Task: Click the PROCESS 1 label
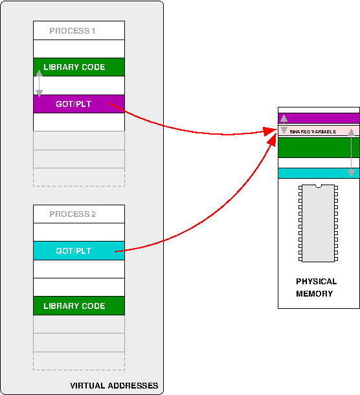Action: pos(72,30)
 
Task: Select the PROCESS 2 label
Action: pos(73,214)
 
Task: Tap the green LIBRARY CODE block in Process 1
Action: pos(79,67)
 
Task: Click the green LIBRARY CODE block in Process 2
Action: pos(79,306)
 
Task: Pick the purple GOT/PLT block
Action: pos(79,104)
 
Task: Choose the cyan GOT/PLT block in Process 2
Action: pos(79,251)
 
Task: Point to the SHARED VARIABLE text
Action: pos(313,131)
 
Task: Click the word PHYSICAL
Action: pos(317,282)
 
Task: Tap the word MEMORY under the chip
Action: pos(315,294)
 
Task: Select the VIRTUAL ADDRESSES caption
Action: pos(114,386)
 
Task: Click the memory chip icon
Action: pos(318,223)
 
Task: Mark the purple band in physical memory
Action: pos(319,118)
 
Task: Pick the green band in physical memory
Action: pos(319,148)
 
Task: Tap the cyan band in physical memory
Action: pos(319,174)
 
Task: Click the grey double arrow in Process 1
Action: pos(39,84)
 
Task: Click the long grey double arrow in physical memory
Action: pos(351,153)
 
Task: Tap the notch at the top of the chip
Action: pos(318,186)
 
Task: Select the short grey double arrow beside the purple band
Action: pos(284,124)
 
